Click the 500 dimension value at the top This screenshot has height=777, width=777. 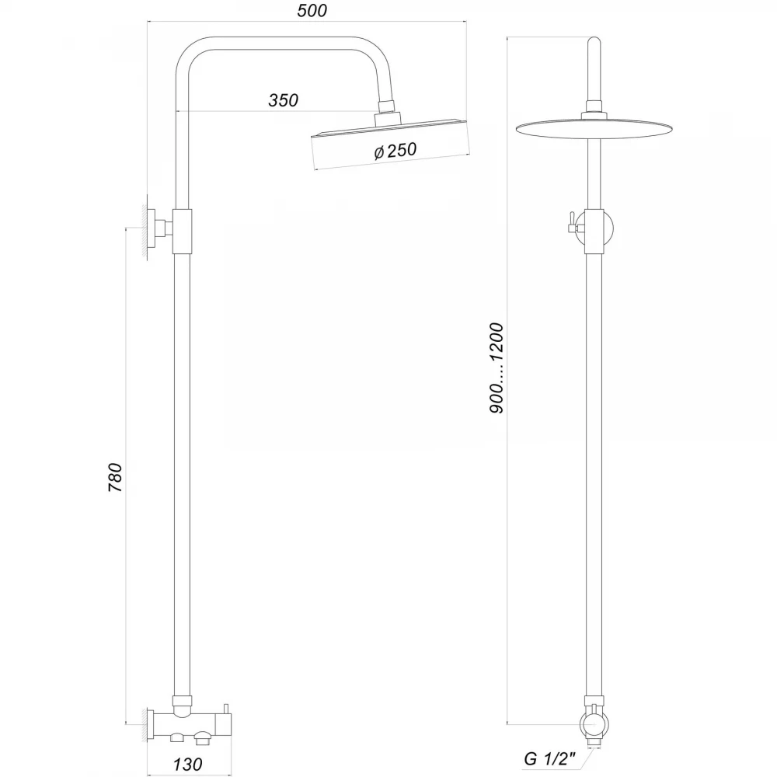coord(312,11)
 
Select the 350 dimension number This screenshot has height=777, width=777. coord(284,100)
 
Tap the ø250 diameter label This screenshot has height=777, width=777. coord(395,151)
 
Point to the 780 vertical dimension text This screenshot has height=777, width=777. coord(115,477)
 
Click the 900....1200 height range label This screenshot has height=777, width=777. coord(496,368)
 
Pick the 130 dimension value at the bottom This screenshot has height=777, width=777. coord(187,764)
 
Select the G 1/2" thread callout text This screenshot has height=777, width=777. coord(549,758)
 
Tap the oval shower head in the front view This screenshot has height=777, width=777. coord(594,129)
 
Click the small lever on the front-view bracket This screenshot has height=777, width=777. coord(571,222)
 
